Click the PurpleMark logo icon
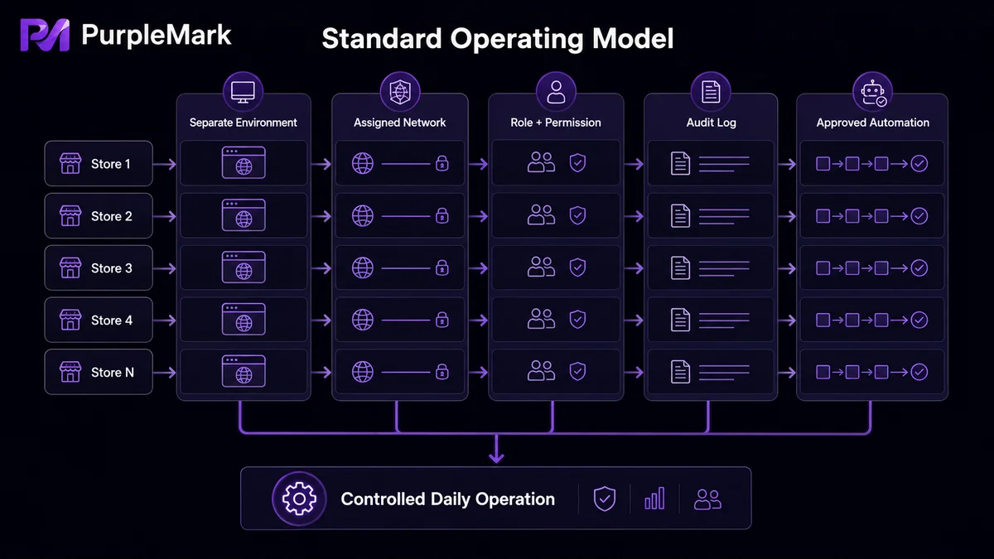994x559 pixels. pyautogui.click(x=45, y=35)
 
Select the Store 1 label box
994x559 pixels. pyautogui.click(x=99, y=164)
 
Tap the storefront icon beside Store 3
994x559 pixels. pyautogui.click(x=70, y=268)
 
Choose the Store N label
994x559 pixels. pyautogui.click(x=113, y=372)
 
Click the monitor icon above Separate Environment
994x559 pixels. pyautogui.click(x=244, y=92)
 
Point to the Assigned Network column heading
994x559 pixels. pyautogui.click(x=399, y=123)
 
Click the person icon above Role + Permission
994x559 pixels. pyautogui.click(x=556, y=92)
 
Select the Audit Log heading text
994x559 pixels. pyautogui.click(x=711, y=123)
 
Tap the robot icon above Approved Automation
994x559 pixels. pyautogui.click(x=873, y=93)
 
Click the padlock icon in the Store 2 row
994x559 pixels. pyautogui.click(x=442, y=215)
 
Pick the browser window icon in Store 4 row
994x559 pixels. pyautogui.click(x=244, y=320)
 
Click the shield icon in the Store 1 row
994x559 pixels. pyautogui.click(x=577, y=163)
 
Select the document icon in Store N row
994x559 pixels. pyautogui.click(x=680, y=372)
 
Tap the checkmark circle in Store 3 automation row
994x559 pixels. pyautogui.click(x=919, y=268)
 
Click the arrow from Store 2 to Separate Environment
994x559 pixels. pyautogui.click(x=165, y=216)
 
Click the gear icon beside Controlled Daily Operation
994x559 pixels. pyautogui.click(x=300, y=499)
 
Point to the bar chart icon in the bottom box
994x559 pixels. pyautogui.click(x=654, y=499)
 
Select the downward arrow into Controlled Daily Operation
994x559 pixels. pyautogui.click(x=496, y=449)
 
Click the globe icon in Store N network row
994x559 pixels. pyautogui.click(x=363, y=372)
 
